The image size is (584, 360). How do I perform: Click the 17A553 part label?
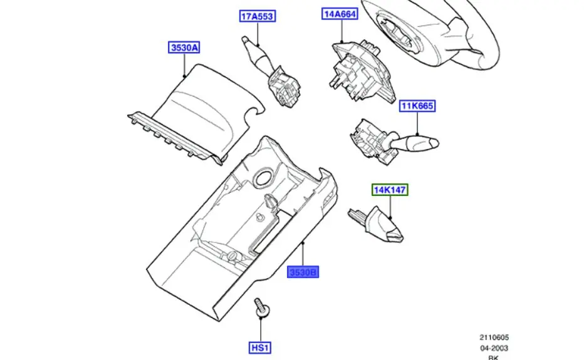coord(257,16)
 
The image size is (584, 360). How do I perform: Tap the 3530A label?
coord(184,48)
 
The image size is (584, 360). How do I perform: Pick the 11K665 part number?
coord(417,106)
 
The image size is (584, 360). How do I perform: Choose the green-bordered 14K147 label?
coord(390,189)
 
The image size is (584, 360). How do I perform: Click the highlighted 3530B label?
coord(303,272)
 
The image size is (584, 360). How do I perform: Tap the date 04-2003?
coord(494,348)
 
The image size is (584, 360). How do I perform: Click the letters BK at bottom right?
coord(494,357)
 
